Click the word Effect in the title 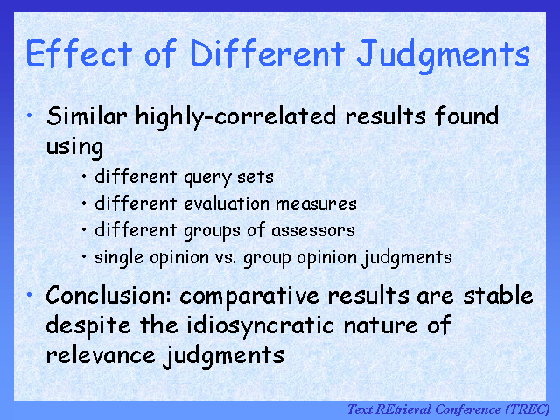(x=79, y=53)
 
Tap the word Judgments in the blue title (x=444, y=56)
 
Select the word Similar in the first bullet (x=87, y=116)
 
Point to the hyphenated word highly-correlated (x=235, y=117)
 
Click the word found (x=466, y=115)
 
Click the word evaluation (x=227, y=204)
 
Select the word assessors (x=313, y=231)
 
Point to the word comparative (x=248, y=297)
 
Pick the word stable (x=498, y=295)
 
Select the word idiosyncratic (x=261, y=326)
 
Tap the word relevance (x=101, y=355)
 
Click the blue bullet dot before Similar (x=30, y=115)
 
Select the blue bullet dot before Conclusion (x=30, y=294)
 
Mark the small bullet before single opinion (x=84, y=256)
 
